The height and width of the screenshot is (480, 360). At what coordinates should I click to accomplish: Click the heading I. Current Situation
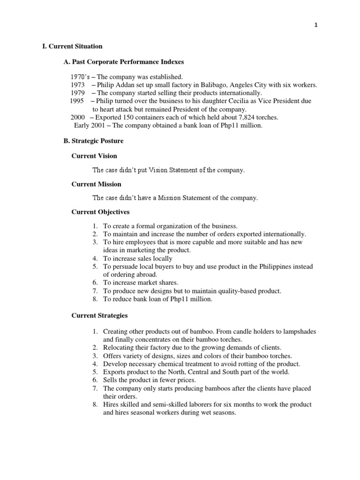[72, 46]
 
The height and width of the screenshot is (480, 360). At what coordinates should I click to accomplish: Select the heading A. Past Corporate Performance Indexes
[124, 62]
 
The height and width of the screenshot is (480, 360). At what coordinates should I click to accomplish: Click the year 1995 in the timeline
[77, 101]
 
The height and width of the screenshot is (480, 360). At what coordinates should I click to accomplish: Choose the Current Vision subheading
[94, 156]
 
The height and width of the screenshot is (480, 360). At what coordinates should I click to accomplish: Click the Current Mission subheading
[96, 184]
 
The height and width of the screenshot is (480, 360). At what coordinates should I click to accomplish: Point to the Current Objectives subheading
[100, 212]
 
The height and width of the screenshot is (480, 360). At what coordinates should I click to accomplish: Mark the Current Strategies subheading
[99, 316]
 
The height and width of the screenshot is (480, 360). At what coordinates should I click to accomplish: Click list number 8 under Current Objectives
[95, 299]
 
